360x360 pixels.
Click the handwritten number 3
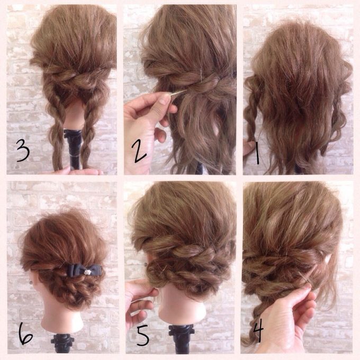coord(23,150)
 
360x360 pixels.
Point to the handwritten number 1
coord(257,152)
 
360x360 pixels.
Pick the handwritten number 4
coord(258,330)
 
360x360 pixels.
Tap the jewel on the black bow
coord(86,272)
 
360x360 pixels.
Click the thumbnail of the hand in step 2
coord(165,98)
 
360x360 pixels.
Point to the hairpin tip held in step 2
coord(186,91)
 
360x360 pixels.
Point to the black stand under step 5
coord(182,340)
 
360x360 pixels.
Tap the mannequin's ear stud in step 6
coord(31,283)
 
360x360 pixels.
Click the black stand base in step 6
coord(62,343)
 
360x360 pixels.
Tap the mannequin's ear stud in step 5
coord(146,264)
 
